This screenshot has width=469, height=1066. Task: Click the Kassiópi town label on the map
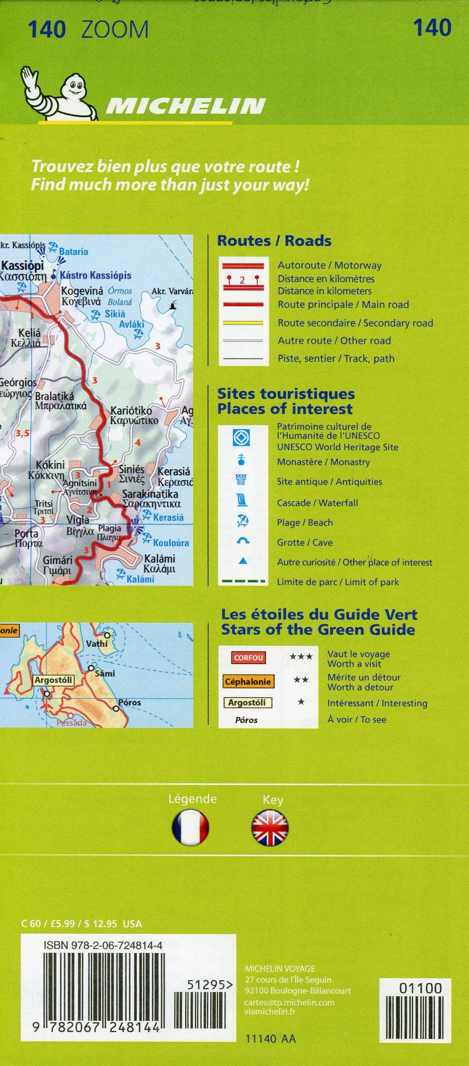pos(22,265)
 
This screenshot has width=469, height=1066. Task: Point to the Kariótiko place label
pos(131,411)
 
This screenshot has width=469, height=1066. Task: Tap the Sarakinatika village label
pos(150,494)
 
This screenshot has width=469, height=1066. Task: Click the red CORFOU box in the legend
pos(248,658)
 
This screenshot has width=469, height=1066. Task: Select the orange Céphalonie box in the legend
pos(247,681)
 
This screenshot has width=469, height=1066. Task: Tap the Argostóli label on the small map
pos(53,680)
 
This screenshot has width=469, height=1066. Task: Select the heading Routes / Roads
pos(274,241)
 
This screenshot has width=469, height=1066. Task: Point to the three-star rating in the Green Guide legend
pos(301,656)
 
